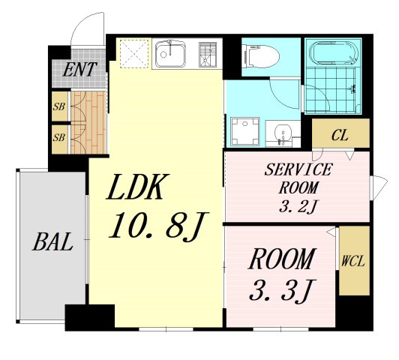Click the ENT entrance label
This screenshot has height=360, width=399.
point(79,70)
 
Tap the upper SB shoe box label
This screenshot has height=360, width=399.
point(59,106)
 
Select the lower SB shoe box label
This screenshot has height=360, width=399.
point(59,138)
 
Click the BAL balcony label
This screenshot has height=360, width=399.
point(52,242)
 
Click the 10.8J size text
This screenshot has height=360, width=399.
point(159,226)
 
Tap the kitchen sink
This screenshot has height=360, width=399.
point(170,53)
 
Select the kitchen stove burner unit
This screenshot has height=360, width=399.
point(208,54)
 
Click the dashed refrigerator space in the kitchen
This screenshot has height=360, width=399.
point(134,53)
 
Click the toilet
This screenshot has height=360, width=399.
point(259,56)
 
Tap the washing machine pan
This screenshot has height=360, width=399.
point(244,131)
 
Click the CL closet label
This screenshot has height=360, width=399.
point(340,135)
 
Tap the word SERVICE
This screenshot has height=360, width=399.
point(298,169)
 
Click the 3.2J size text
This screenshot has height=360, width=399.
point(298,206)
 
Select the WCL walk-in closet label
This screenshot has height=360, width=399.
point(353,261)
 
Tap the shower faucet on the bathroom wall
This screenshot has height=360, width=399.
point(352,89)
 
